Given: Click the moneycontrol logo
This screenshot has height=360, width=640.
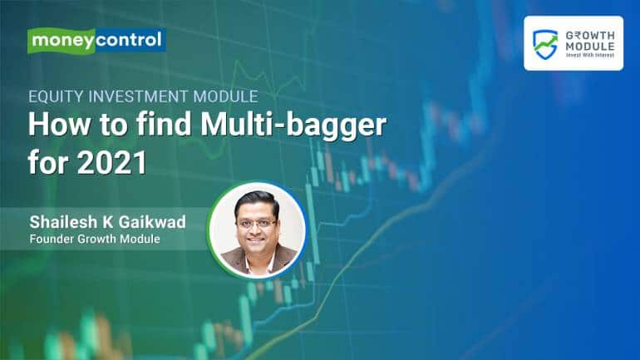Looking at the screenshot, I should (96, 41).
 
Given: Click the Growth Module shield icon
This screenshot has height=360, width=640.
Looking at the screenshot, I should (546, 44).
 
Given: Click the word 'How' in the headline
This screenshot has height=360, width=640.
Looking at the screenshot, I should (58, 126).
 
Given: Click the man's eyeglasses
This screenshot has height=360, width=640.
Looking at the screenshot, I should (257, 224).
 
